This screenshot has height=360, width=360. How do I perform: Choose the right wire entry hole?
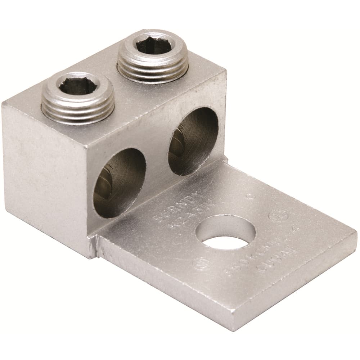point(193,141)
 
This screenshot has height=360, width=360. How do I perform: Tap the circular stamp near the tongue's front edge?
point(200,265)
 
